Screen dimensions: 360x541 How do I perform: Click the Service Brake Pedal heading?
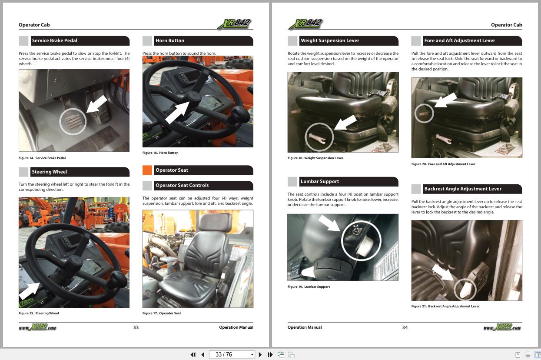click(54, 40)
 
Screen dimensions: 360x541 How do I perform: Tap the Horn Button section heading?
click(170, 40)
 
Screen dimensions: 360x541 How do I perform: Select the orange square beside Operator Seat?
click(147, 170)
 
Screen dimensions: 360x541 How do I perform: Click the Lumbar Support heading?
click(319, 181)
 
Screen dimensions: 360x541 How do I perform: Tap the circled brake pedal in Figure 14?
click(73, 121)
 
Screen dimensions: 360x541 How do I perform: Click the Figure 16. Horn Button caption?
click(160, 153)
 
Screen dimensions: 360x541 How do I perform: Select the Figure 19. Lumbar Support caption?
click(309, 287)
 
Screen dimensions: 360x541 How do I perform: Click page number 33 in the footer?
click(136, 327)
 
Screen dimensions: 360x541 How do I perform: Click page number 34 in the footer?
click(405, 327)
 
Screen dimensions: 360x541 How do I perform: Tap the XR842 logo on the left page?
click(234, 24)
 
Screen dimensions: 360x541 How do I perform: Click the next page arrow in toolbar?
click(260, 354)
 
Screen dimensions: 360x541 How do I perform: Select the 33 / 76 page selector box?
click(232, 354)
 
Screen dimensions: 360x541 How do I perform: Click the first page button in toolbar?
click(193, 354)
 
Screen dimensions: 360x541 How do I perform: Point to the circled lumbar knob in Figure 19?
click(361, 240)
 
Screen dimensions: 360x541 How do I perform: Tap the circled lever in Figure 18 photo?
click(319, 137)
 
